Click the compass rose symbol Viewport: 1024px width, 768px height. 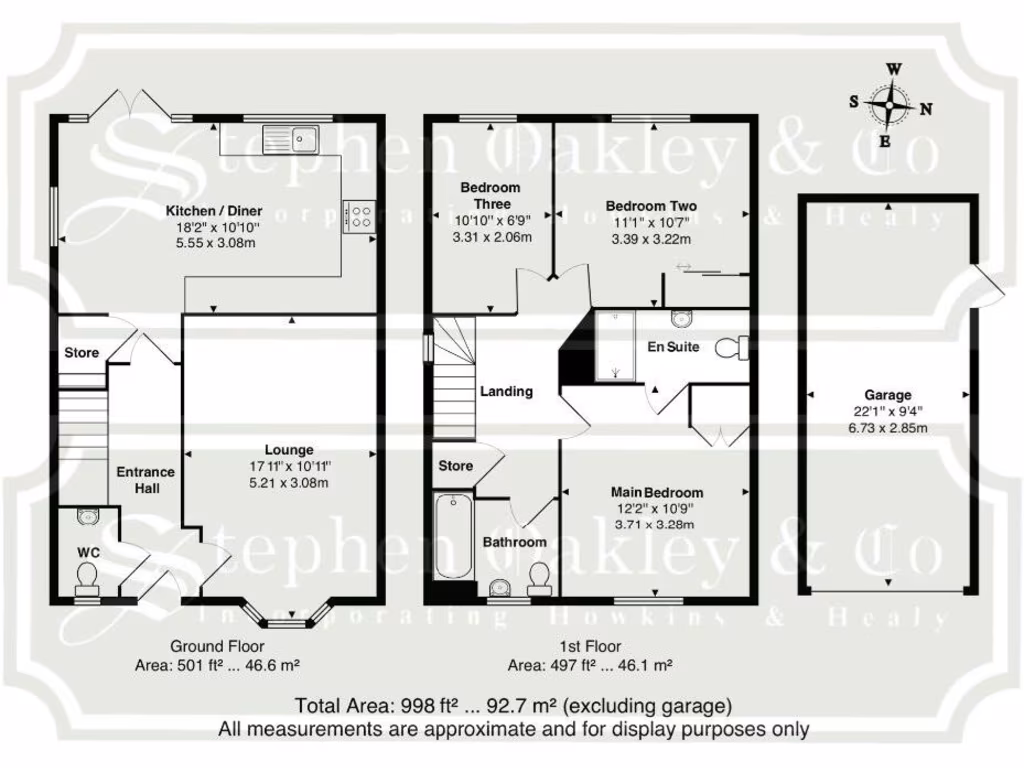click(x=887, y=104)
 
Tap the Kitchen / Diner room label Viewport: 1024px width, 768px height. click(x=214, y=211)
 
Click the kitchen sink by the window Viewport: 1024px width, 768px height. click(x=290, y=139)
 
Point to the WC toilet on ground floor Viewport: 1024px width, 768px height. click(x=87, y=576)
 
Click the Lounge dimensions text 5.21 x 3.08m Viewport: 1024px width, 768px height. click(x=289, y=482)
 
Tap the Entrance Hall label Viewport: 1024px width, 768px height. click(x=145, y=479)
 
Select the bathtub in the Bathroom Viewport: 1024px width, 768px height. click(x=454, y=537)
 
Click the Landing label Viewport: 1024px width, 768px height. click(x=506, y=391)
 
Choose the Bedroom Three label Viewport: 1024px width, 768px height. click(x=490, y=195)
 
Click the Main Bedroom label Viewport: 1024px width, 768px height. click(x=657, y=492)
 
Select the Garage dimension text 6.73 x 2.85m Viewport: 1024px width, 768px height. click(x=889, y=427)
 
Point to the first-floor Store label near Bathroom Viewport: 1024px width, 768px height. click(x=456, y=465)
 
